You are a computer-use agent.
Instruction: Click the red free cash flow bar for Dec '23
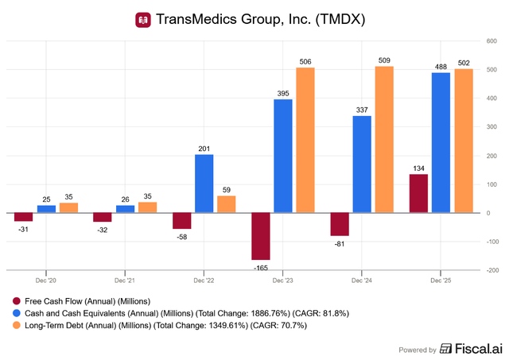point(261,236)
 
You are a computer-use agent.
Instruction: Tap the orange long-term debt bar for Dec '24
point(384,139)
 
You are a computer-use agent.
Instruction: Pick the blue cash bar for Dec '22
point(204,184)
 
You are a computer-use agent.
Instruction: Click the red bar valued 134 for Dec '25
point(418,193)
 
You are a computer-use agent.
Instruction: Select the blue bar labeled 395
point(282,156)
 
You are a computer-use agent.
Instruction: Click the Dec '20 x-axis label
point(46,281)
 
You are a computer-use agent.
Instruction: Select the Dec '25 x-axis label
point(441,281)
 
